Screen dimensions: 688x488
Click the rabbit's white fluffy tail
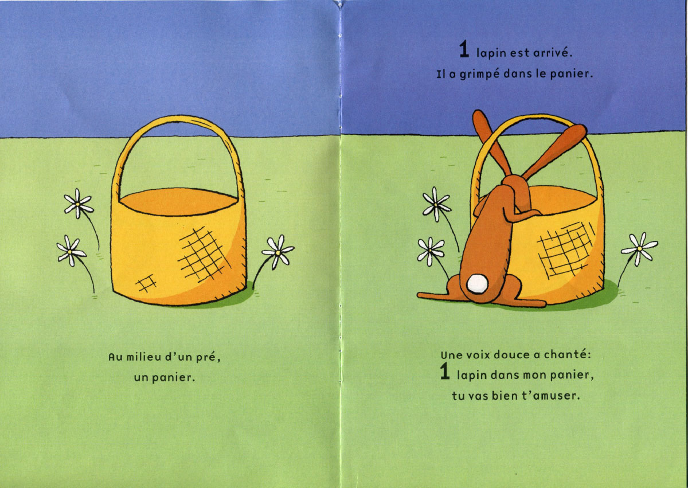click(x=477, y=284)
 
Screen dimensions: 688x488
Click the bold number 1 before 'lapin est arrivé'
click(x=464, y=50)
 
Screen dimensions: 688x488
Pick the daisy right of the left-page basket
click(x=277, y=252)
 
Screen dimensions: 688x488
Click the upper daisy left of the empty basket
click(x=79, y=204)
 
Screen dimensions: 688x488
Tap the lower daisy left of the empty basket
click(x=71, y=251)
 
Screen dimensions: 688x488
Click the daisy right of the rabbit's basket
click(x=639, y=248)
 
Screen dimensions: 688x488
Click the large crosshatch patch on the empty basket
click(x=204, y=253)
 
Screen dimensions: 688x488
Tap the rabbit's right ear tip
click(x=580, y=130)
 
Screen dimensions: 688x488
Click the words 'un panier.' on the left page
click(x=165, y=378)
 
